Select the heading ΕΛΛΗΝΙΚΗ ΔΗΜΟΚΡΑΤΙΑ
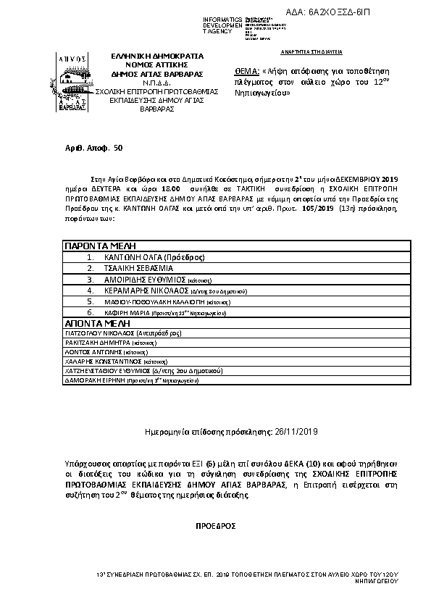point(157,56)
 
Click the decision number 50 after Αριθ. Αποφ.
point(119,147)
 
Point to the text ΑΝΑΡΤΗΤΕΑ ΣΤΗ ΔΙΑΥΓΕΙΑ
point(311,53)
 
